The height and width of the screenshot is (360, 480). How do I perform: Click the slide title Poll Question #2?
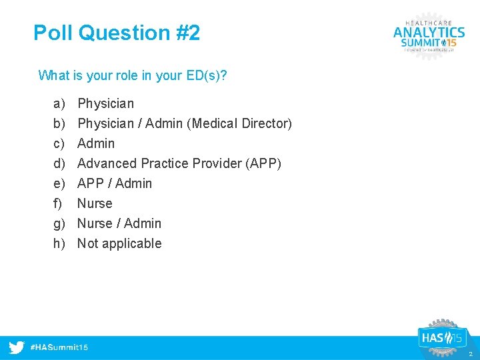pyautogui.click(x=117, y=33)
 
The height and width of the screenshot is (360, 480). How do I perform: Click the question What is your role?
pyautogui.click(x=133, y=75)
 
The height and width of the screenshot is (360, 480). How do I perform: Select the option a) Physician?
pyautogui.click(x=105, y=103)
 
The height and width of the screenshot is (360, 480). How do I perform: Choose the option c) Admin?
pyautogui.click(x=96, y=143)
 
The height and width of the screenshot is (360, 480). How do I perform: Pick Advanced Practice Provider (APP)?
pyautogui.click(x=179, y=163)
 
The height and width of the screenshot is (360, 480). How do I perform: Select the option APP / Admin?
pyautogui.click(x=115, y=183)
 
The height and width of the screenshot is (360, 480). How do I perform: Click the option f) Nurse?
pyautogui.click(x=95, y=203)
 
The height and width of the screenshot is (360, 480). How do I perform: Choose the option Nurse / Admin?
pyautogui.click(x=119, y=223)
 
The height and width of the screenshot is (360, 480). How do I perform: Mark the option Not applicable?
pyautogui.click(x=119, y=243)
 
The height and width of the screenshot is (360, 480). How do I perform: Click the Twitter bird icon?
pyautogui.click(x=17, y=347)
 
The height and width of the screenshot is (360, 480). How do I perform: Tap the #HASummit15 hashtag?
pyautogui.click(x=59, y=347)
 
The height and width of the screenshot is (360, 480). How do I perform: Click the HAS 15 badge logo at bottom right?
pyautogui.click(x=441, y=337)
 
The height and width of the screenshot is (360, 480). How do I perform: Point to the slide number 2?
pyautogui.click(x=470, y=354)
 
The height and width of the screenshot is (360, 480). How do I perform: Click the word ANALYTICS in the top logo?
pyautogui.click(x=429, y=31)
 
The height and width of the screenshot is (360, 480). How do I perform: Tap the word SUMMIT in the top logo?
pyautogui.click(x=420, y=43)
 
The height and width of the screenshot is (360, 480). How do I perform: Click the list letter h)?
pyautogui.click(x=59, y=243)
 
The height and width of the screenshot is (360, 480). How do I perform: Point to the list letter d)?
pyautogui.click(x=59, y=163)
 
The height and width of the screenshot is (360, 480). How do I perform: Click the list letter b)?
pyautogui.click(x=59, y=123)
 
